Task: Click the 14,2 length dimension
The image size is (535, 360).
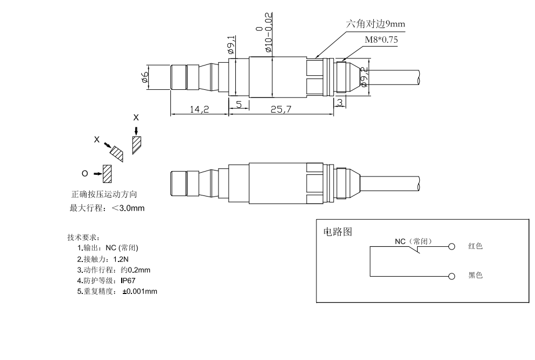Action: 200,109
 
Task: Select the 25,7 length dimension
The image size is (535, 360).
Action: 281,109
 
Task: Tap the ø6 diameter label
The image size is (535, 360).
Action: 144,77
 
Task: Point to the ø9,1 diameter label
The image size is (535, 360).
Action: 231,44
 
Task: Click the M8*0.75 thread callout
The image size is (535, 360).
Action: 381,40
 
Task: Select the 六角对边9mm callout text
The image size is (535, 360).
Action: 375,24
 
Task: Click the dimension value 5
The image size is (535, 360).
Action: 239,104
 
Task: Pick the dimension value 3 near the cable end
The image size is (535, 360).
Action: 339,102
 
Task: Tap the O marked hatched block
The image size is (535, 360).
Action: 107,173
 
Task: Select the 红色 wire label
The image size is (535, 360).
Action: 475,246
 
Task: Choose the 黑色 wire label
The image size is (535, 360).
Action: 475,275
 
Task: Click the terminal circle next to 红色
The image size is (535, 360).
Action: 451,247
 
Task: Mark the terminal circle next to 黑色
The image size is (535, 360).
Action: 451,276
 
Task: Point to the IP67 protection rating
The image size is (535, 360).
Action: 128,280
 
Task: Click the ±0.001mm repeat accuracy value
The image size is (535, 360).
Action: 140,292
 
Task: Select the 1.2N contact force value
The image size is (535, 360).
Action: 121,259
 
